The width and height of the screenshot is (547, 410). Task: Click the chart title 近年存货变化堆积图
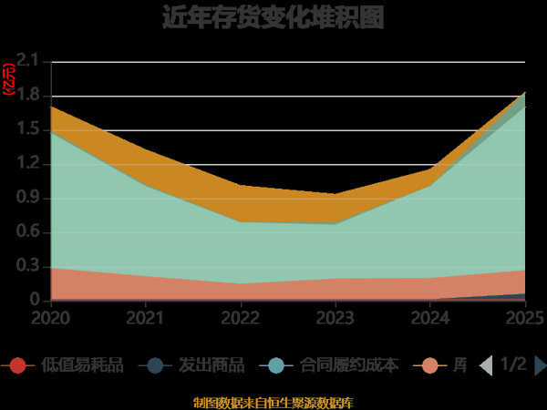273,17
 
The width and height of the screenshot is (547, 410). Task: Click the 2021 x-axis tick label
146,317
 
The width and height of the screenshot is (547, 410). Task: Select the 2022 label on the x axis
241,317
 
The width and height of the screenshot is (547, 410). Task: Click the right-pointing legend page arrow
540,365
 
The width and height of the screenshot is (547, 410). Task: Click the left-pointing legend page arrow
486,365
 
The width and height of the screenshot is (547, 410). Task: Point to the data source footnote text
273,402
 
